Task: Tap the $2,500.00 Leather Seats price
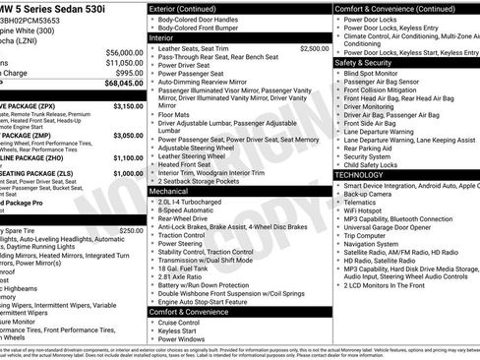[312, 47]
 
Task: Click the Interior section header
[162, 36]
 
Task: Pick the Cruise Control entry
[180, 322]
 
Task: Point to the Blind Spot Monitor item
[373, 73]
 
